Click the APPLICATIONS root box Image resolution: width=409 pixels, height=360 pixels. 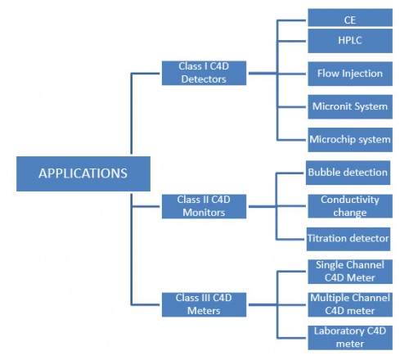click(x=83, y=173)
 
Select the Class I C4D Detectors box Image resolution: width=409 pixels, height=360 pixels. click(x=204, y=73)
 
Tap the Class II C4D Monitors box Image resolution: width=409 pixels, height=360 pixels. click(x=204, y=206)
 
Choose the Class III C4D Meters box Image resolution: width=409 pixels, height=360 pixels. click(x=204, y=304)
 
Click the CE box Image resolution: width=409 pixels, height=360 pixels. click(x=350, y=18)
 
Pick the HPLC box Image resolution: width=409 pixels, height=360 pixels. click(x=350, y=41)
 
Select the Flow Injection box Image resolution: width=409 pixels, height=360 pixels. click(x=350, y=74)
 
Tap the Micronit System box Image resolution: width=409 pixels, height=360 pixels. click(x=350, y=106)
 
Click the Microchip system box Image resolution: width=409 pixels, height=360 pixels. click(x=350, y=140)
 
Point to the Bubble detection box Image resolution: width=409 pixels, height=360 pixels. click(x=348, y=173)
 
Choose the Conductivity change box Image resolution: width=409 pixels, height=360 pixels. click(x=350, y=206)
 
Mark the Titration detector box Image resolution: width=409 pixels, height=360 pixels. click(x=348, y=239)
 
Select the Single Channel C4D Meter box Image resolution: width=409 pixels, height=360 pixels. click(x=350, y=272)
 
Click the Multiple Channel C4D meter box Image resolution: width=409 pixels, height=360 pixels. click(x=350, y=304)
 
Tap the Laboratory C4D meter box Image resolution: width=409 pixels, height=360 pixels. click(x=350, y=338)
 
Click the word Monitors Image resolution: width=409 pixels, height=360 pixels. click(x=204, y=213)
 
